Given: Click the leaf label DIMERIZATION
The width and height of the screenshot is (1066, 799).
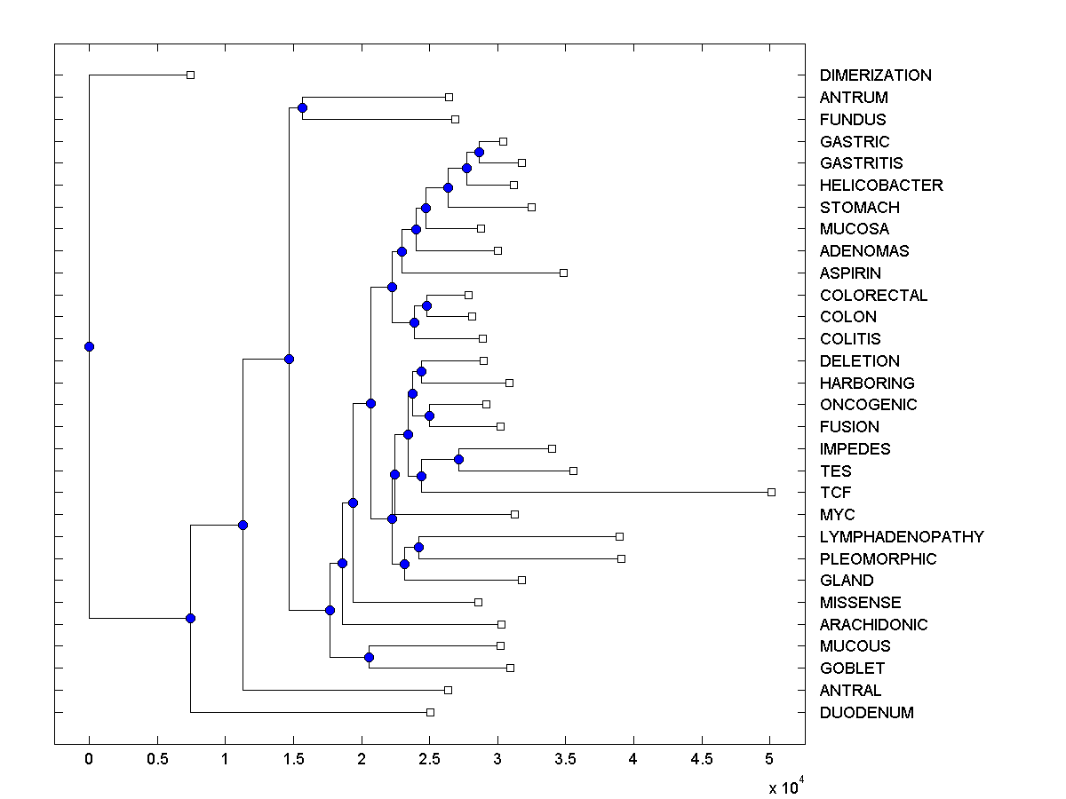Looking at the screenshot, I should (x=875, y=75).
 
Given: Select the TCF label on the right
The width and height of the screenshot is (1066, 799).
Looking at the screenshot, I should (x=836, y=493).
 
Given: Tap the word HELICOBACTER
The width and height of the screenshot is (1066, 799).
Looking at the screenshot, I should (x=881, y=186).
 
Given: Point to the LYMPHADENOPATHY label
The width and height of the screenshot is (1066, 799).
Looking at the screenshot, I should (x=902, y=537).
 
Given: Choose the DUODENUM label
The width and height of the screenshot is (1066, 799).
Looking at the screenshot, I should (x=866, y=713).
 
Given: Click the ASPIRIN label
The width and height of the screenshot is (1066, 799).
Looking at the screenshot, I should (x=850, y=273).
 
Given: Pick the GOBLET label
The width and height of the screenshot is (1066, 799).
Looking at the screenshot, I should (x=852, y=668).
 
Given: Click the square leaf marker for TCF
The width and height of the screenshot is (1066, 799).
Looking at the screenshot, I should (x=771, y=492).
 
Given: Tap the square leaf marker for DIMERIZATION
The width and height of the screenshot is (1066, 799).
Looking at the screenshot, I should (x=190, y=75).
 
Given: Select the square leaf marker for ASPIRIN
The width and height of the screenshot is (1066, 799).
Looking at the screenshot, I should (x=563, y=273).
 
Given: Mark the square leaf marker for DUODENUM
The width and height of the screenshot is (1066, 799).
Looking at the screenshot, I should (x=430, y=712).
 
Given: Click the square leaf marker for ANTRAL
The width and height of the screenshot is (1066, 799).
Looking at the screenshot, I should (x=448, y=690).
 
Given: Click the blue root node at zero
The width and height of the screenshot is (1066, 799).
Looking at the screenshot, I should (x=89, y=346).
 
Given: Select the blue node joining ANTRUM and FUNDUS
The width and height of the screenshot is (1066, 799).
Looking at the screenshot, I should (x=302, y=107).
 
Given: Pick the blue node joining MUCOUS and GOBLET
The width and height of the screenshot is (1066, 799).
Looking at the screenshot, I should (x=369, y=657).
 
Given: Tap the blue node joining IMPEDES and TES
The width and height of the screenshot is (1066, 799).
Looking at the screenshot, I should (x=458, y=459).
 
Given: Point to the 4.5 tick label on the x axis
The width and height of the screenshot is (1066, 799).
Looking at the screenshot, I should (x=702, y=760).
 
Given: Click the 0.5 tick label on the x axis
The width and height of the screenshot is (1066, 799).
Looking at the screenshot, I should (x=157, y=760).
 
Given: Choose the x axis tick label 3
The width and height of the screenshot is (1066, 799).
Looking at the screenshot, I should (x=497, y=760).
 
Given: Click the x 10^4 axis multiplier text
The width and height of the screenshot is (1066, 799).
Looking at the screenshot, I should (x=785, y=787).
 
